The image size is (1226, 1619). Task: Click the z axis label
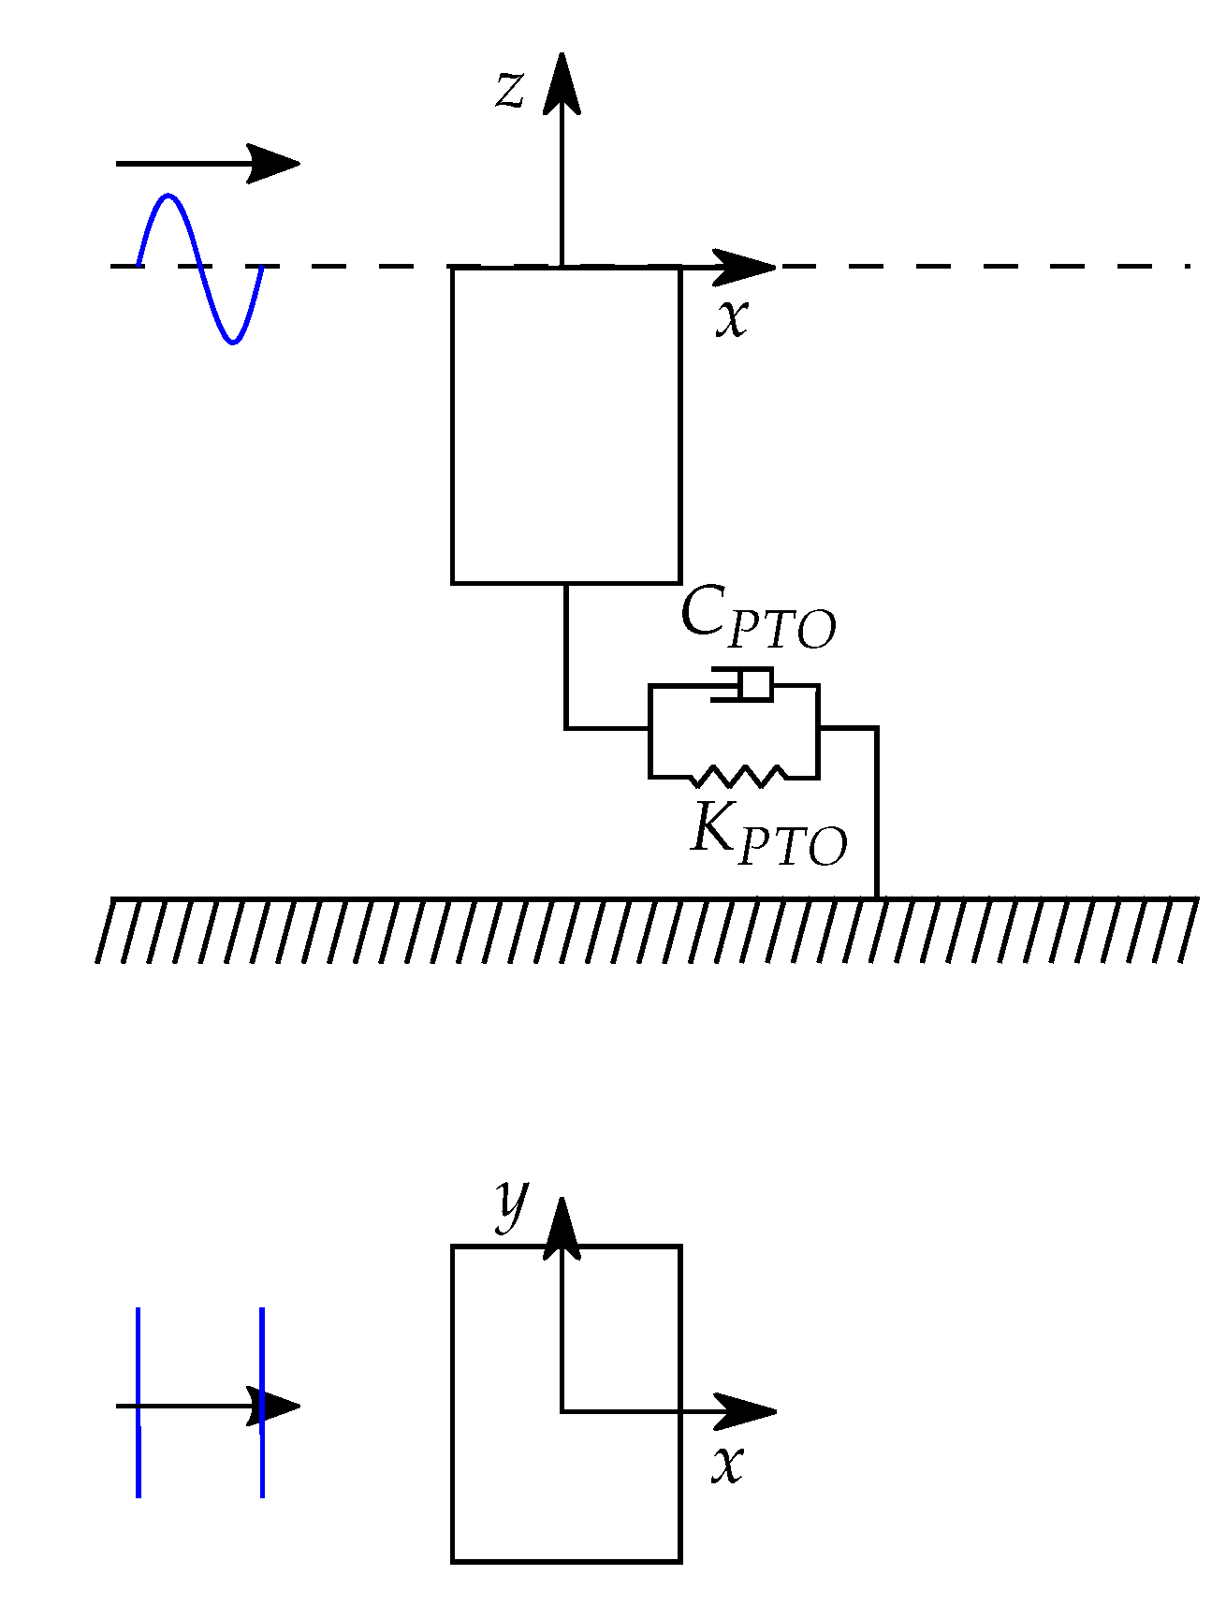tap(510, 91)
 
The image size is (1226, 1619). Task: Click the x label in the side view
tap(733, 317)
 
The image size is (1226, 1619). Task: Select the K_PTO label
tap(768, 834)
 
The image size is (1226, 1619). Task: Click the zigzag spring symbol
tap(739, 776)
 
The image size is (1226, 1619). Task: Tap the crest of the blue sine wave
tap(168, 197)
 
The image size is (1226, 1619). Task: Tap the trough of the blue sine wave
tap(234, 342)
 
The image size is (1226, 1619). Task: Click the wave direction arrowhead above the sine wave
tap(273, 164)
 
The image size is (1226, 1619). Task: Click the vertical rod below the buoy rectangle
tap(565, 655)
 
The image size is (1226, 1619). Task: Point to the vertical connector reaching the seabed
tap(876, 814)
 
